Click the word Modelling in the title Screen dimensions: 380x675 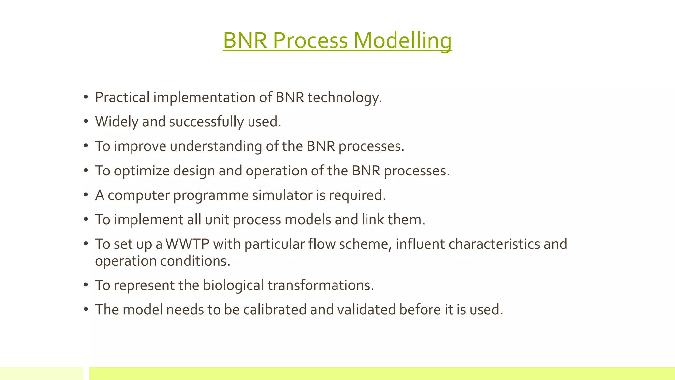402,41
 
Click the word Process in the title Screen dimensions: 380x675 310,41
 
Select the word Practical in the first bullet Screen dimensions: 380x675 122,98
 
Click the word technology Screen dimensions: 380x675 344,98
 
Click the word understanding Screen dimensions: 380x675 216,146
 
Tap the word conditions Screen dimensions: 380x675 195,261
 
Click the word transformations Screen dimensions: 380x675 320,285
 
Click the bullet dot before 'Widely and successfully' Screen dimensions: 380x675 86,122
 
